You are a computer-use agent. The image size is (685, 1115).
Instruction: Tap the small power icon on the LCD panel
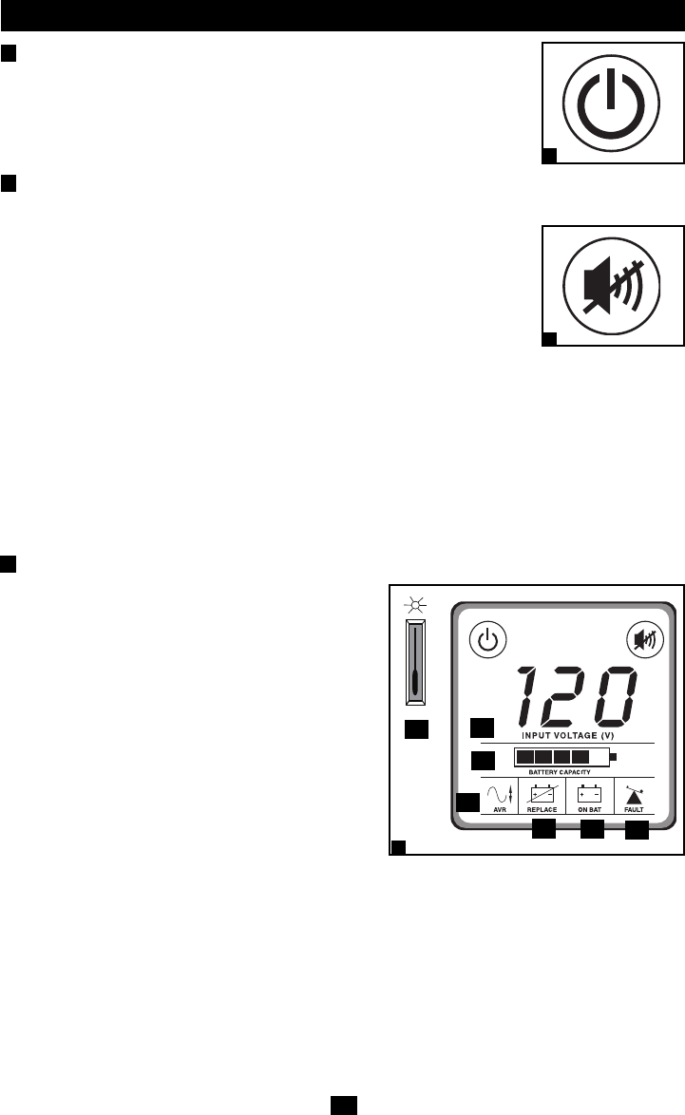tap(487, 639)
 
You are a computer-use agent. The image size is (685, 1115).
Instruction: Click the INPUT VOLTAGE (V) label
tap(566, 735)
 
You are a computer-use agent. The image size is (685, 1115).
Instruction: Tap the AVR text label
tap(500, 810)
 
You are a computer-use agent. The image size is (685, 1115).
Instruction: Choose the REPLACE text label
tap(542, 810)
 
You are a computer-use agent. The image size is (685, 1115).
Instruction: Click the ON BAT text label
tap(590, 810)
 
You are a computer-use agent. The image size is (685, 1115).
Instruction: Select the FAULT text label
tap(634, 810)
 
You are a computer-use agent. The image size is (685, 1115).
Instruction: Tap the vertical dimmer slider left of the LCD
tap(415, 662)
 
